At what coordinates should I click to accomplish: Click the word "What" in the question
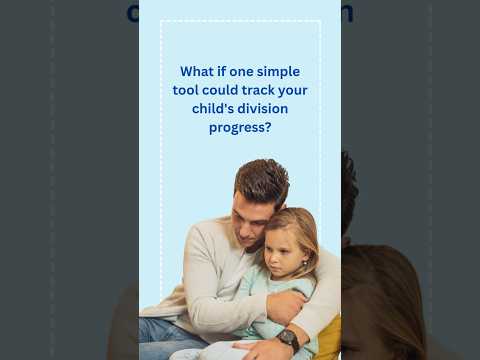[x=196, y=72]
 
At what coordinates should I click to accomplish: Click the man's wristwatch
[x=289, y=339]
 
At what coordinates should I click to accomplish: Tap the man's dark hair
[x=262, y=180]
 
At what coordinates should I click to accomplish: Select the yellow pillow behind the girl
[x=329, y=336]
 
